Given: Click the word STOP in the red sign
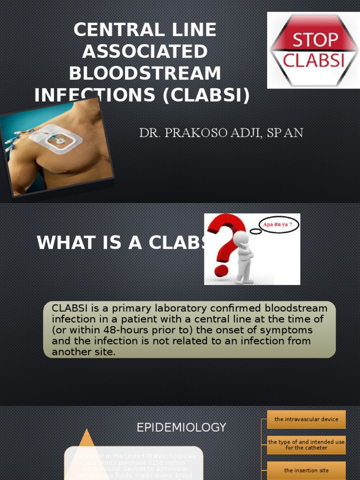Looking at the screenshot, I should click(315, 39).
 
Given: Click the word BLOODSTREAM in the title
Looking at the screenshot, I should click(145, 73).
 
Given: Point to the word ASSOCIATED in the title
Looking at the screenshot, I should click(145, 52).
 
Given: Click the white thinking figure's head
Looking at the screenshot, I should click(240, 238).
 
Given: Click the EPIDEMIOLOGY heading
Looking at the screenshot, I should click(181, 427).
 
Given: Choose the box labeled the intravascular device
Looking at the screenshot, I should click(306, 420).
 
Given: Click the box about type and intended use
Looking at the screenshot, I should click(306, 445).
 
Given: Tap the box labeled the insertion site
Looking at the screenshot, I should click(306, 470).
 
